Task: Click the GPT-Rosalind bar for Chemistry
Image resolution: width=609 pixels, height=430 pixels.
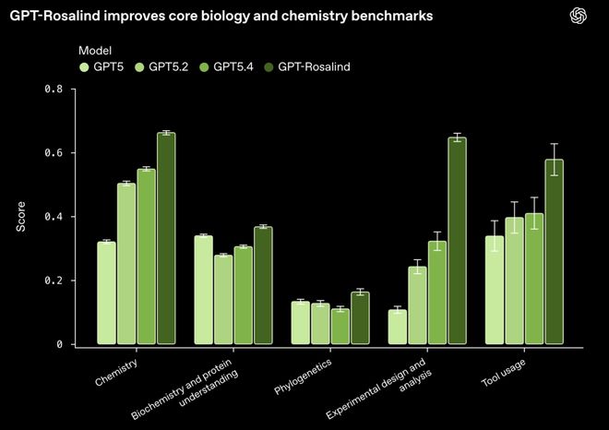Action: (166, 239)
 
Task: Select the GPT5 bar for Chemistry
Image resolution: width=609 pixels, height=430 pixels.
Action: (107, 293)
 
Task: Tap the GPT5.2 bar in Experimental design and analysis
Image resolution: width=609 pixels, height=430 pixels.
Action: (418, 305)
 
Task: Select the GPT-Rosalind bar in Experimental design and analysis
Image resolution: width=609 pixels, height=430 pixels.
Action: (457, 241)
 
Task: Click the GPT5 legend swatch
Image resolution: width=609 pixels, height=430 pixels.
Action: (84, 66)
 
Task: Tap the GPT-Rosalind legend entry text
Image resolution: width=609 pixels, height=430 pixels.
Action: (315, 66)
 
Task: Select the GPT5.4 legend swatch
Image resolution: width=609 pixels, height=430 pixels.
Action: (204, 66)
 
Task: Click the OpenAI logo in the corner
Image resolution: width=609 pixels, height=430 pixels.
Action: (579, 16)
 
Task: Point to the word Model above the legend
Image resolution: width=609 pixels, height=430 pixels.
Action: (95, 49)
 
